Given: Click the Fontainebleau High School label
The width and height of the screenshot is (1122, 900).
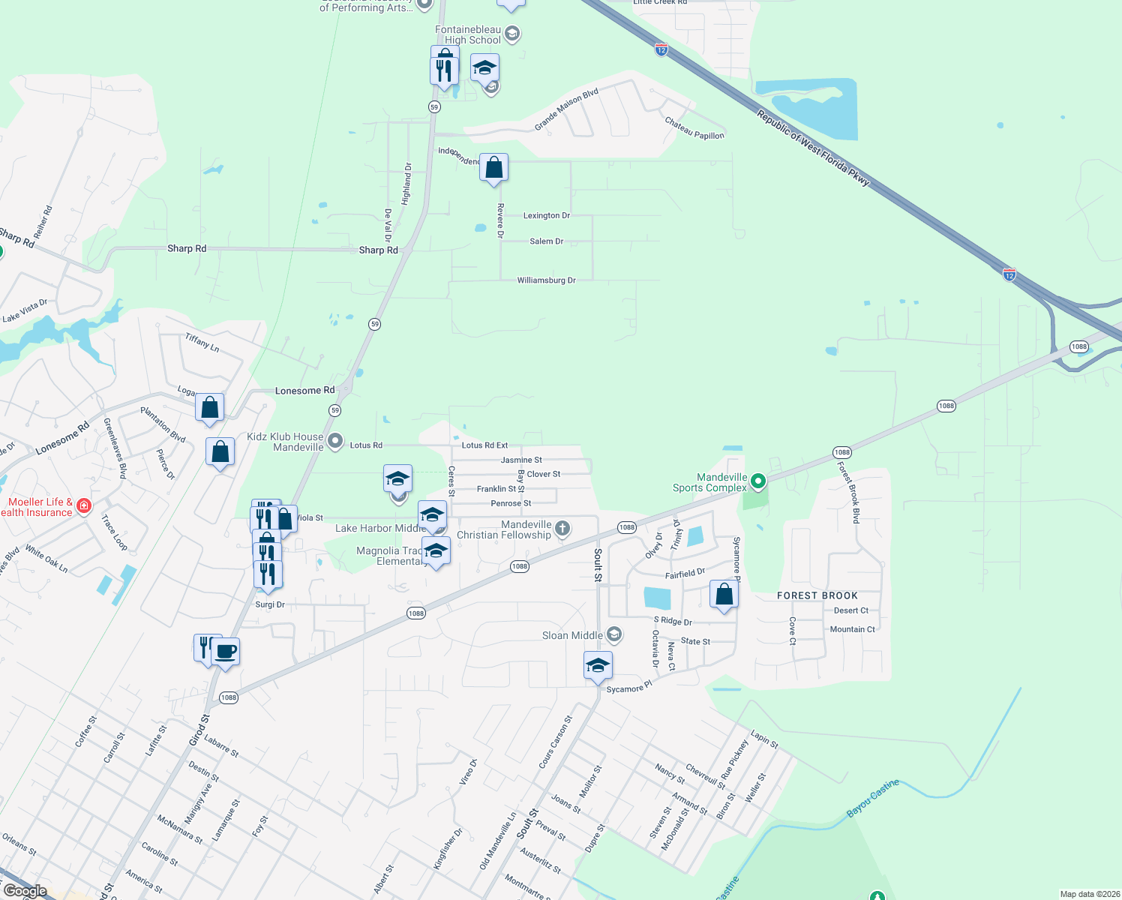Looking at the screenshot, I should (x=468, y=35).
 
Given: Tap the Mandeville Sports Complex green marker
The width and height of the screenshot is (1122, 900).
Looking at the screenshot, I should (x=758, y=481).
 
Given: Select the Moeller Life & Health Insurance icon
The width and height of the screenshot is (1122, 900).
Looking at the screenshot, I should (x=84, y=506).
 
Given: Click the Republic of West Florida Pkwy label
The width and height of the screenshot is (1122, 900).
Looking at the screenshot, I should (x=813, y=148).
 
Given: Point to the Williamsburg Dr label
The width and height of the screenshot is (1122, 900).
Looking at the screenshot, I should (x=546, y=280).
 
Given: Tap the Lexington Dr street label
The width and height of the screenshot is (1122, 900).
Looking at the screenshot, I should (x=546, y=216).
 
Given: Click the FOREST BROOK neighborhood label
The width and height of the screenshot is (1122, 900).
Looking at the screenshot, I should (x=817, y=595).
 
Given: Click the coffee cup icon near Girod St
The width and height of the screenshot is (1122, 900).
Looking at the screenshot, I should (x=225, y=651).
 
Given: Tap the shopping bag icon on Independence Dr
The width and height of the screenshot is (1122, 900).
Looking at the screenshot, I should (x=494, y=168).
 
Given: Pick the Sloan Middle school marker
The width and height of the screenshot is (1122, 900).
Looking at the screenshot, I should (x=614, y=635).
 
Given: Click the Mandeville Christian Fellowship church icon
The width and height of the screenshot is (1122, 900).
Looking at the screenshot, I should (x=562, y=529).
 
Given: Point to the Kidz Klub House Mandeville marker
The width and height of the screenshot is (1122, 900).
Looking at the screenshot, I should (x=335, y=440).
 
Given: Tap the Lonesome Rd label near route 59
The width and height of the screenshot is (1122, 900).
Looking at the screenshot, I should (x=304, y=391).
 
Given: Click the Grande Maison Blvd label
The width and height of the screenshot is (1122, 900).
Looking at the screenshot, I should (x=566, y=109).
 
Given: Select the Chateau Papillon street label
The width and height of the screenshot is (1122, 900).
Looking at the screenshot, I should (x=694, y=128).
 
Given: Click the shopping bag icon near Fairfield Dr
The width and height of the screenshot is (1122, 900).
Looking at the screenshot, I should (x=724, y=595).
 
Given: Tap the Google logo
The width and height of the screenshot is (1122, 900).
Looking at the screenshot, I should (x=25, y=891).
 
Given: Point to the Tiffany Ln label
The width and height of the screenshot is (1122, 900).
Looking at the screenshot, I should (x=202, y=343).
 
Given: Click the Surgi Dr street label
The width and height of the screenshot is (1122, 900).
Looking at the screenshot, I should (x=270, y=604).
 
